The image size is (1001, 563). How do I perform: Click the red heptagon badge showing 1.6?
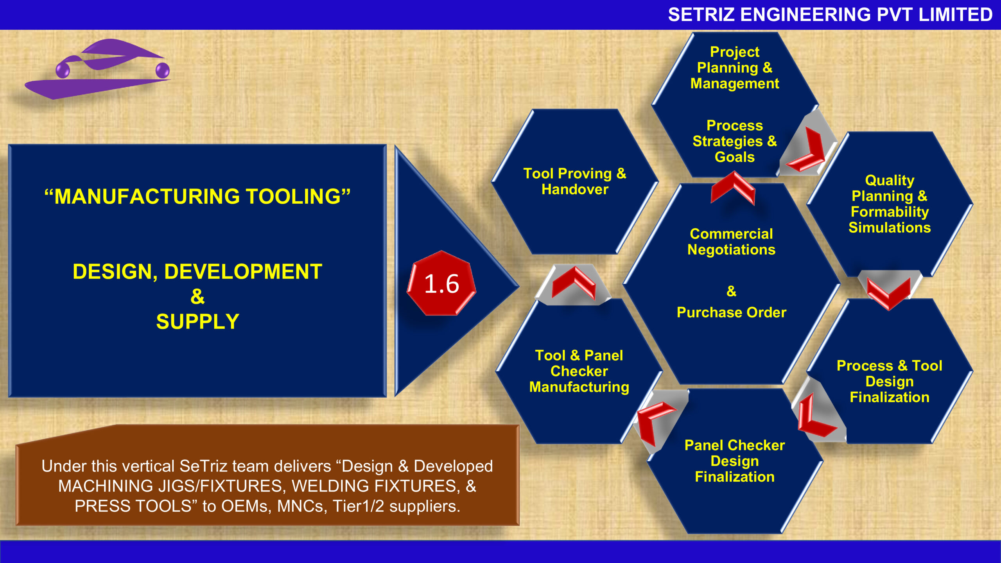click(441, 283)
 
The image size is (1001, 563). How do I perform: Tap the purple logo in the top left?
click(98, 69)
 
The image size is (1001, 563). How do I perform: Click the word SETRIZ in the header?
click(701, 15)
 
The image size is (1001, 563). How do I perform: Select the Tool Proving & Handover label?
click(575, 181)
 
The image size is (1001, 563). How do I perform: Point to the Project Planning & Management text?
click(735, 68)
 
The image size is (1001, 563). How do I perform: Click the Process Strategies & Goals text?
click(735, 141)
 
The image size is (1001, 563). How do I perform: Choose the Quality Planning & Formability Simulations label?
click(890, 204)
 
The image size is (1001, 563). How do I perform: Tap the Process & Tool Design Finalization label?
click(890, 381)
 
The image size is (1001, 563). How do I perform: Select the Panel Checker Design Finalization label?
click(735, 461)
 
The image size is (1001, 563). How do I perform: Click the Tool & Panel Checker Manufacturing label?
click(579, 371)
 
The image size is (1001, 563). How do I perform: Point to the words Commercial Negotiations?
click(731, 242)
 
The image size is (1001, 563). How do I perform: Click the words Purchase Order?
click(731, 312)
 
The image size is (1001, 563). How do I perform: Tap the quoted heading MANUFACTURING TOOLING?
click(197, 196)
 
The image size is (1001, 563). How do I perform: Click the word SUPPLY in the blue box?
click(197, 322)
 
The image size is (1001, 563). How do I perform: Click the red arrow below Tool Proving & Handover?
click(574, 282)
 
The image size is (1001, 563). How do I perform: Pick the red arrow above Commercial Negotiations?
click(733, 188)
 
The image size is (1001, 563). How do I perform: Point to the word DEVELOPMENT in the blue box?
click(243, 272)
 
